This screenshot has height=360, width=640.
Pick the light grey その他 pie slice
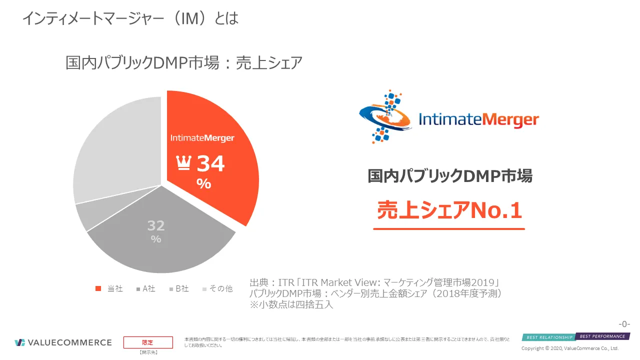[x=115, y=150]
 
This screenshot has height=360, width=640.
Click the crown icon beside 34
[x=184, y=163]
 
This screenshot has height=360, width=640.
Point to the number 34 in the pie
[x=210, y=163]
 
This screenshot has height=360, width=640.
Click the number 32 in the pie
[x=156, y=225]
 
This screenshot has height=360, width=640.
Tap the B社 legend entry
[x=178, y=288]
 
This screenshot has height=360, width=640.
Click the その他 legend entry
[x=217, y=288]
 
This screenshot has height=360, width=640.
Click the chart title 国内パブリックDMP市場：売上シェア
[x=184, y=63]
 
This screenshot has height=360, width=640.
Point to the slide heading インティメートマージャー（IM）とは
[x=130, y=18]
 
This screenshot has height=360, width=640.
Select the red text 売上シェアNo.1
[x=449, y=210]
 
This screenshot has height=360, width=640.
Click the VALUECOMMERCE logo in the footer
[x=63, y=342]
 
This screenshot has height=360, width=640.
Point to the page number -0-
[x=624, y=323]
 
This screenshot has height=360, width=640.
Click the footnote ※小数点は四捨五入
[x=291, y=304]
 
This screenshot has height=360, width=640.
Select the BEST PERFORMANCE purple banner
[x=602, y=336]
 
